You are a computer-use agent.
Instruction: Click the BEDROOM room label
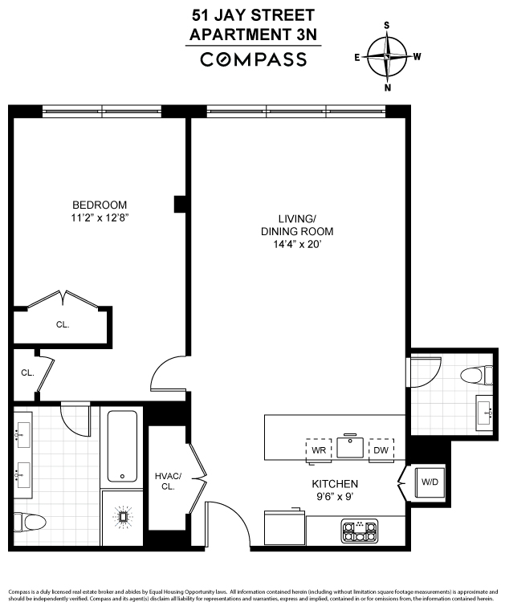coord(100,205)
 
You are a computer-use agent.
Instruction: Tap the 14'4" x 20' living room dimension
coord(297,244)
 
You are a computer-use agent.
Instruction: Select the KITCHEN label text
coord(335,483)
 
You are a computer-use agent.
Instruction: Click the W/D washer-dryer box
coord(430,482)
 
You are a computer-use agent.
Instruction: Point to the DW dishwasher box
coord(381,450)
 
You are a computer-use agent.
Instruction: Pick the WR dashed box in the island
coord(319,450)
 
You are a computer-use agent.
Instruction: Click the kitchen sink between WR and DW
coord(350,447)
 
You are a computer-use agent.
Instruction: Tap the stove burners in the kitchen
coord(360,531)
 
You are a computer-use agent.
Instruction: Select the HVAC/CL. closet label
coord(168,482)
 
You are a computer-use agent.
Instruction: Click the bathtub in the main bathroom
coord(122,446)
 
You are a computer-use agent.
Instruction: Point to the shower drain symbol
coord(123,517)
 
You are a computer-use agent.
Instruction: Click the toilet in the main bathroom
coord(30,522)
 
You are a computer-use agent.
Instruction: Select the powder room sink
coord(485,412)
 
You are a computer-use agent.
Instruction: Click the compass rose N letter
coord(388,87)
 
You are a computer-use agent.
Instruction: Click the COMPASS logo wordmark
coord(253,59)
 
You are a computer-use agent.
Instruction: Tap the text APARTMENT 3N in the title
coord(253,35)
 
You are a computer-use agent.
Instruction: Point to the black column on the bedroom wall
coord(179,204)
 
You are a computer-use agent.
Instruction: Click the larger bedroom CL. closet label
coord(63,324)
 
